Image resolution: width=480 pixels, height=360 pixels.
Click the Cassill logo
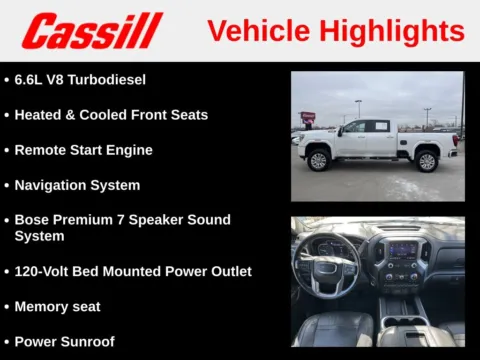(x=92, y=31)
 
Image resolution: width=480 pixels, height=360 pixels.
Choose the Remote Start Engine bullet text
(x=83, y=150)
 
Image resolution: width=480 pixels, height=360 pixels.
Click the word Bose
(x=32, y=220)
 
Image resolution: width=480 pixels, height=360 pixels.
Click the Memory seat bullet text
(x=57, y=306)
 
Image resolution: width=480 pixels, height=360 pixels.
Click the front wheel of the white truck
(x=319, y=160)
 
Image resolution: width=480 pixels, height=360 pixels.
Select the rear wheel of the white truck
(x=426, y=160)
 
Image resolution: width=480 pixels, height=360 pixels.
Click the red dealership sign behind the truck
(x=308, y=117)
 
